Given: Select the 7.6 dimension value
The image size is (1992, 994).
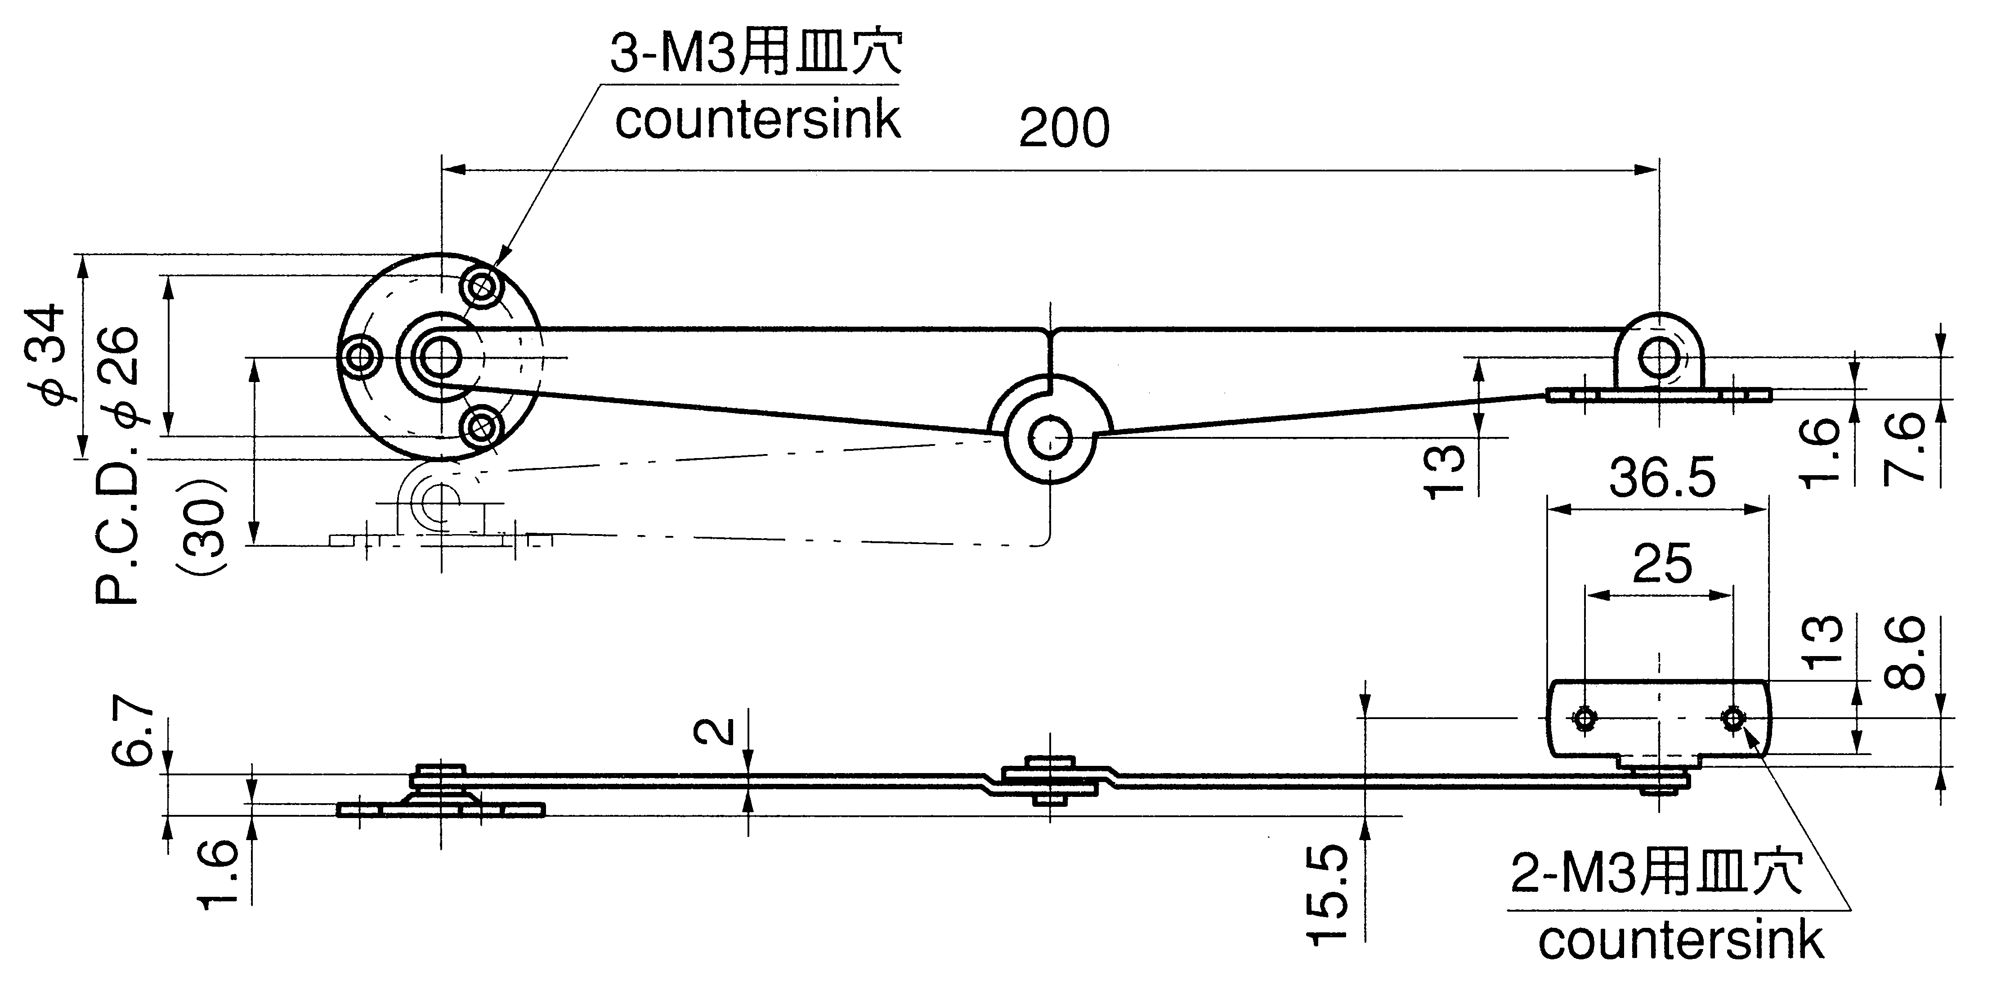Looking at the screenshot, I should pyautogui.click(x=1904, y=449).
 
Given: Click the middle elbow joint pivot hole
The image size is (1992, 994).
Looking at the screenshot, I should pyautogui.click(x=1049, y=439).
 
